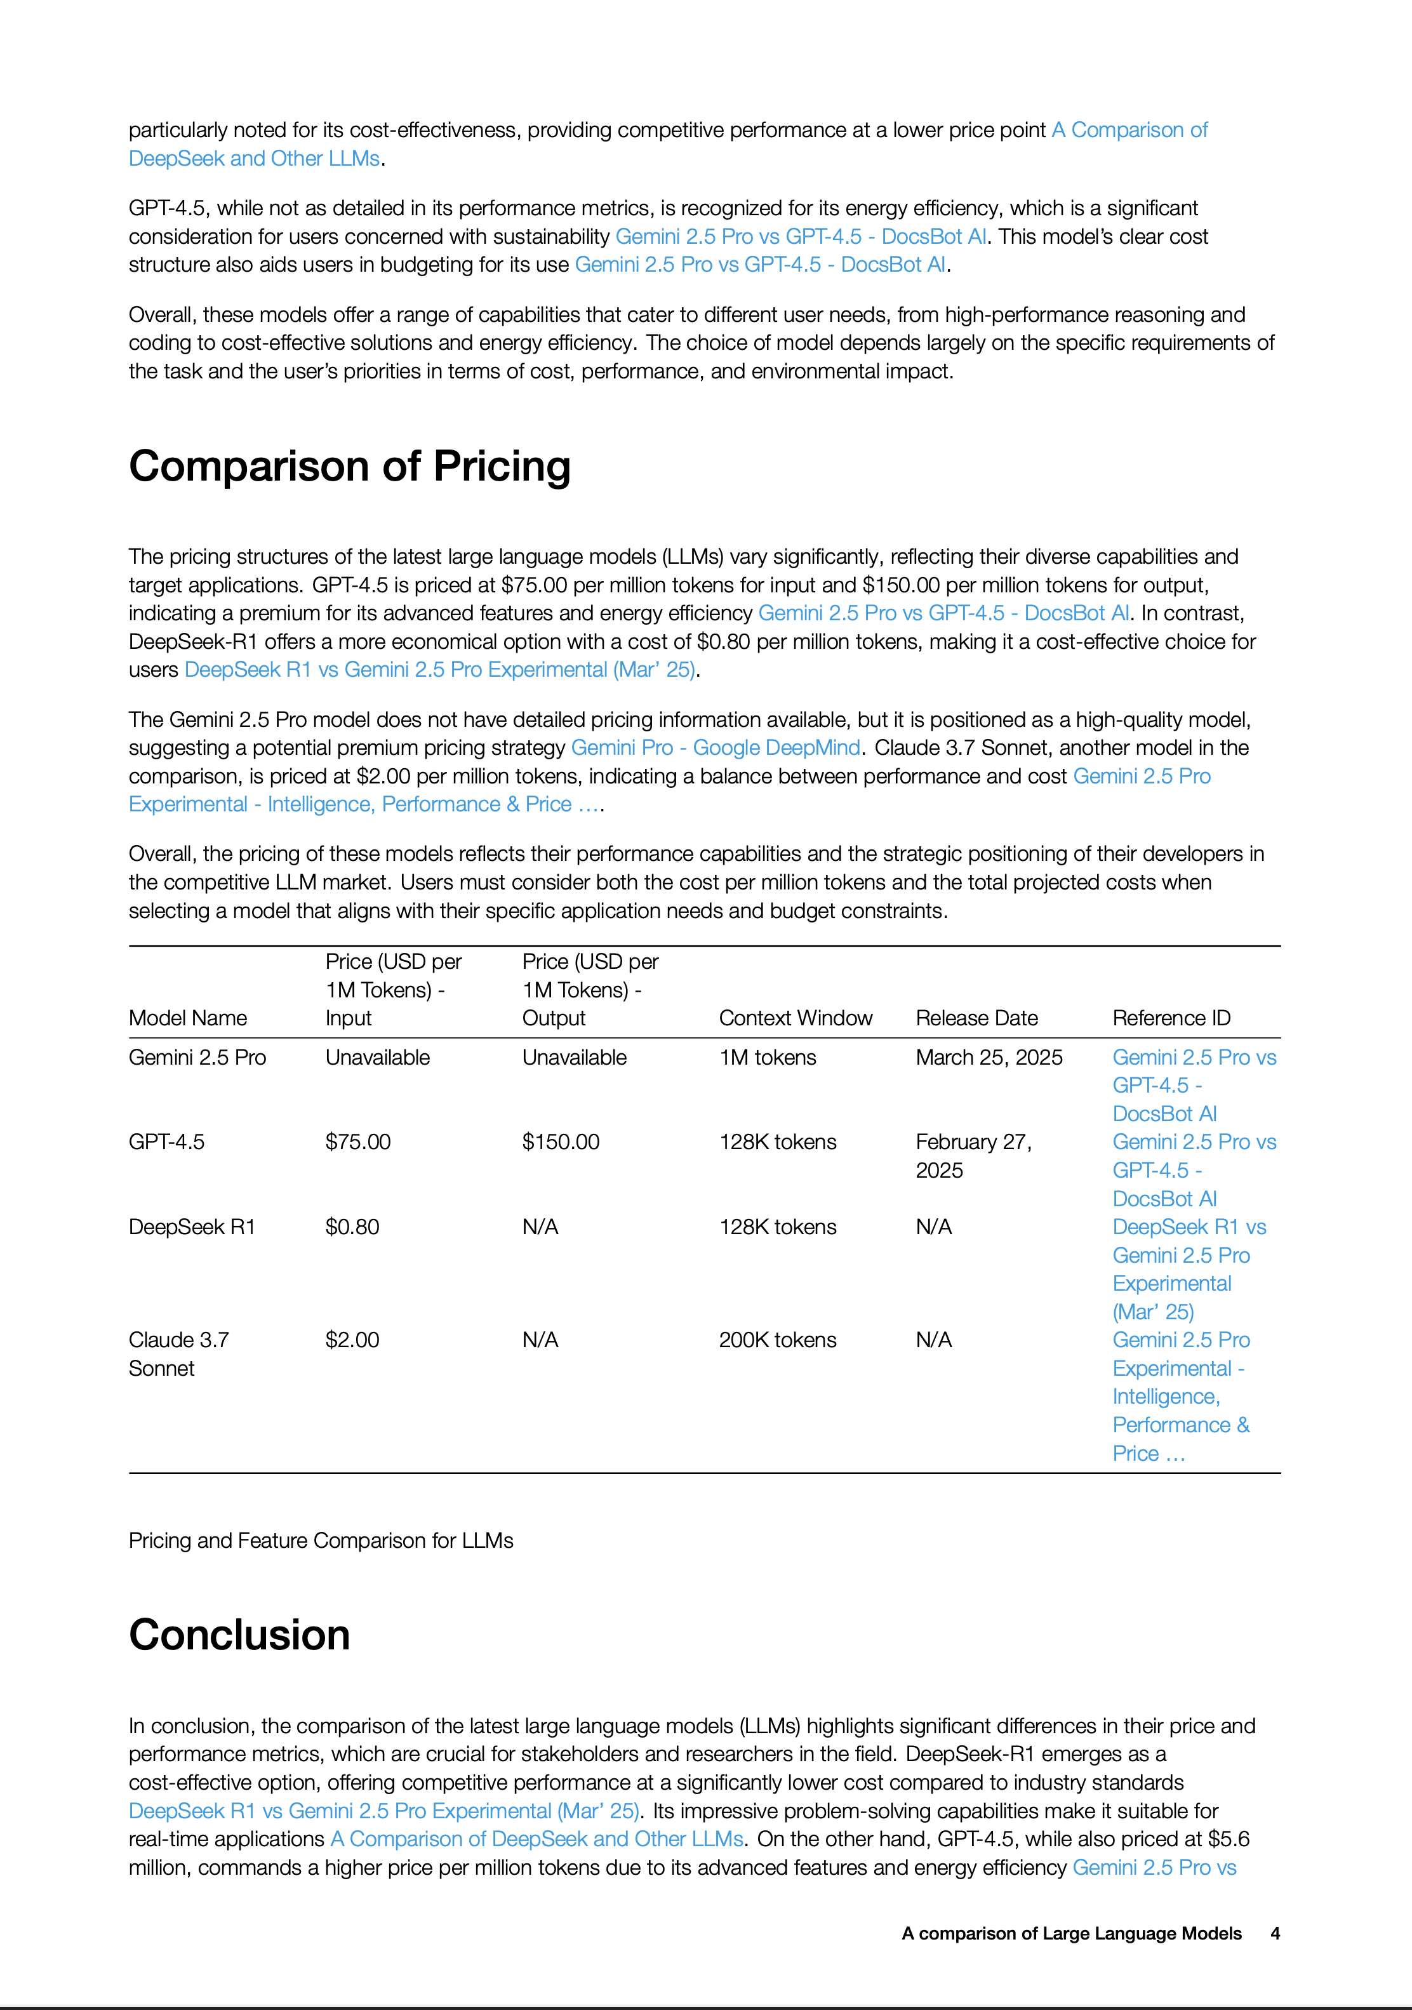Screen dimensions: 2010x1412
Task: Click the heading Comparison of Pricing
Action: pyautogui.click(x=349, y=466)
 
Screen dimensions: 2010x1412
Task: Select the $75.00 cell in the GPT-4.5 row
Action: pyautogui.click(x=358, y=1141)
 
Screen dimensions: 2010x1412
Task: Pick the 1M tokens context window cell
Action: pyautogui.click(x=767, y=1058)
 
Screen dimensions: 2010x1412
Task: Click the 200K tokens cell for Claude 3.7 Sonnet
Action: pyautogui.click(x=777, y=1340)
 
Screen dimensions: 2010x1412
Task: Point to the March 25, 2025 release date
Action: pyautogui.click(x=989, y=1058)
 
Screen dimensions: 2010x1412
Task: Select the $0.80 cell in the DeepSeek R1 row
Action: pyautogui.click(x=352, y=1227)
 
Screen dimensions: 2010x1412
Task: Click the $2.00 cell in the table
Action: pyautogui.click(x=352, y=1340)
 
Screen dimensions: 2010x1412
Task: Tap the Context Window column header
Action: pyautogui.click(x=795, y=1018)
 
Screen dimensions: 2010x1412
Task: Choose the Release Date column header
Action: pyautogui.click(x=976, y=1018)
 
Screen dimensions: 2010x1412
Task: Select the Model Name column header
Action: pyautogui.click(x=187, y=1018)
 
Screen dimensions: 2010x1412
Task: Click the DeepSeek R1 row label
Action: pyautogui.click(x=192, y=1227)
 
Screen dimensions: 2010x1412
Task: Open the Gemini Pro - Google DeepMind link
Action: pyautogui.click(x=715, y=748)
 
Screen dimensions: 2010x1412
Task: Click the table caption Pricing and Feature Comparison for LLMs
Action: pyautogui.click(x=321, y=1540)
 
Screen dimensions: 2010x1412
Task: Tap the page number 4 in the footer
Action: pyautogui.click(x=1275, y=1933)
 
